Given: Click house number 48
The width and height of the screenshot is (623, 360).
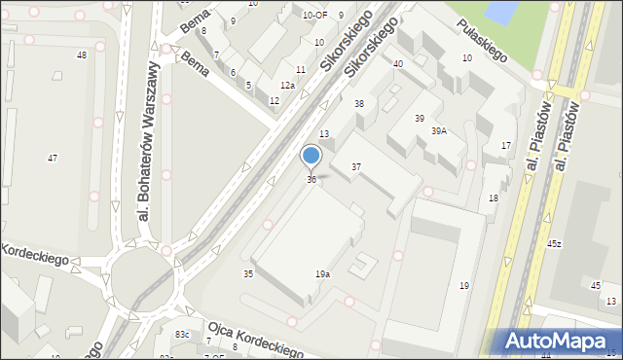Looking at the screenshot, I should pos(82,54).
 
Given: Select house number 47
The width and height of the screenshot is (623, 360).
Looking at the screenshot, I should pos(53,158).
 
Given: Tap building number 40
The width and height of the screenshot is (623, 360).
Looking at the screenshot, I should pos(398,63).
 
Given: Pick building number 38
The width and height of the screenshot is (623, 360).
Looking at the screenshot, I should pos(358,103).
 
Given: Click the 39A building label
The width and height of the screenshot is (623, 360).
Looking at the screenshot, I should pos(439,130).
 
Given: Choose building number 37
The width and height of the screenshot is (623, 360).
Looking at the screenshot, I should pos(356,167).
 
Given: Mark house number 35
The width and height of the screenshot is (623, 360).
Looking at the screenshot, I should pos(248,274).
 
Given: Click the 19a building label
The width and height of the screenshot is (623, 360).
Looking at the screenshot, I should pos(322,274).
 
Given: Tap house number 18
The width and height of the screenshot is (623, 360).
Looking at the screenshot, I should pos(494,198).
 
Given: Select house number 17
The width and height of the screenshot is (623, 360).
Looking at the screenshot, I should pos(506,146).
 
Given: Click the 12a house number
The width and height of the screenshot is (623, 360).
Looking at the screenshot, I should pos(287,86).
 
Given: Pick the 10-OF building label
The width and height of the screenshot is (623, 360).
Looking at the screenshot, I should pos(314,15).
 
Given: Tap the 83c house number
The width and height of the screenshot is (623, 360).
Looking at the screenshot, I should pos(181,335).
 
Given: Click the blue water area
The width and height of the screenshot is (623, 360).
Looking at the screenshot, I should pos(500,12).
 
